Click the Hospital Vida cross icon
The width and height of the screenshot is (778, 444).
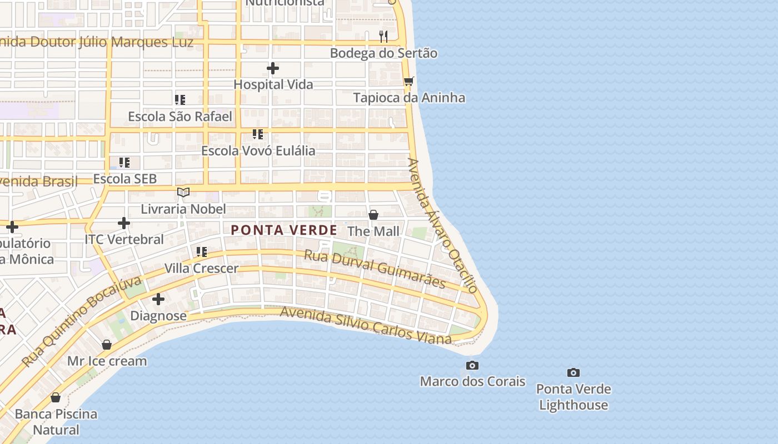[x=272, y=68]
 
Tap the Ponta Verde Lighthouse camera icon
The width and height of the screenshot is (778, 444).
[x=573, y=372]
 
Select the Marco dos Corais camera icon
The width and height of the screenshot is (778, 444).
[x=472, y=365]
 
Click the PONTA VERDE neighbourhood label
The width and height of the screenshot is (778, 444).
[x=284, y=230]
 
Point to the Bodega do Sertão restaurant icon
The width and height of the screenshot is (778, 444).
[x=383, y=37]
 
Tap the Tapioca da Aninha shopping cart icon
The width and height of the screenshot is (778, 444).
[x=409, y=81]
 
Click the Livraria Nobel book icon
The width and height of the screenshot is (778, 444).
[x=183, y=193]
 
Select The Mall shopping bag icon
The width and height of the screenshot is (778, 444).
[x=373, y=214]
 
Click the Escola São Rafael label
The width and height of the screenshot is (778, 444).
[x=180, y=117]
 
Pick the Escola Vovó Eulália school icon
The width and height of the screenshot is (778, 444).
[x=257, y=134]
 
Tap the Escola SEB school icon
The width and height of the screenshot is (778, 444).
[x=124, y=163]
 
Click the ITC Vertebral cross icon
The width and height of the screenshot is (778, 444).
[x=123, y=223]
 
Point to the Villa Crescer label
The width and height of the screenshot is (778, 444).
[x=201, y=269]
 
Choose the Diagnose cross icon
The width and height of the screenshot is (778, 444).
[x=158, y=299]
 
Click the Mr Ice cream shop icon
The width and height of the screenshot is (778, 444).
[x=107, y=345]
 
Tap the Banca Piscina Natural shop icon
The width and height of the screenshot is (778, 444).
[x=56, y=397]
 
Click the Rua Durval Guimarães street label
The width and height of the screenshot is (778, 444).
[x=375, y=269]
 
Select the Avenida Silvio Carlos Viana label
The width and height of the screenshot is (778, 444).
[x=366, y=324]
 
